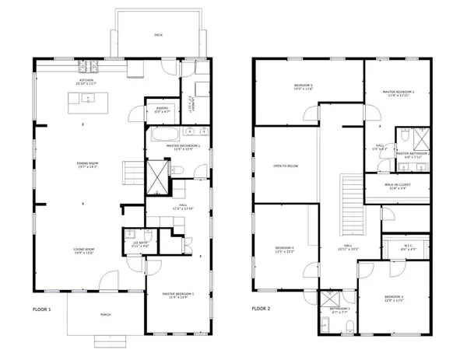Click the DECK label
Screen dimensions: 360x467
pyautogui.click(x=158, y=35)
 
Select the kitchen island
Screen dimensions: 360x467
pyautogui.click(x=86, y=100)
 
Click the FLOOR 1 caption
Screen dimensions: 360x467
pyautogui.click(x=41, y=309)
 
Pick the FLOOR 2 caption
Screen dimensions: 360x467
pyautogui.click(x=261, y=309)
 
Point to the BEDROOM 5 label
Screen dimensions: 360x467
pyautogui.click(x=303, y=86)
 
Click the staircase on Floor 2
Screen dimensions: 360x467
pyautogui.click(x=349, y=201)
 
